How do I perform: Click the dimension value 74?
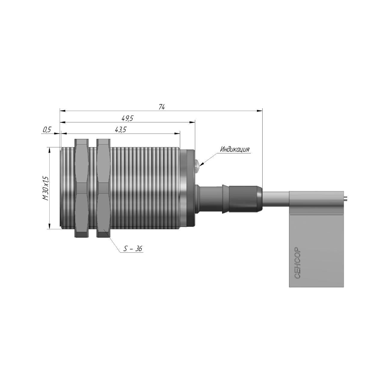[x=162, y=107]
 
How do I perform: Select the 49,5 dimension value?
[x=127, y=118]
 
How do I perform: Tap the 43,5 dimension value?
[x=121, y=129]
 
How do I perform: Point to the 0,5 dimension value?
[x=47, y=129]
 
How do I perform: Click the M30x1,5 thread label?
[x=45, y=188]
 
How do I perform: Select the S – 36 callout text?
[x=133, y=248]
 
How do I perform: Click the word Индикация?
[x=235, y=149]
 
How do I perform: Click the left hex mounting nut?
[x=82, y=188]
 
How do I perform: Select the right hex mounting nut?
[x=104, y=188]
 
